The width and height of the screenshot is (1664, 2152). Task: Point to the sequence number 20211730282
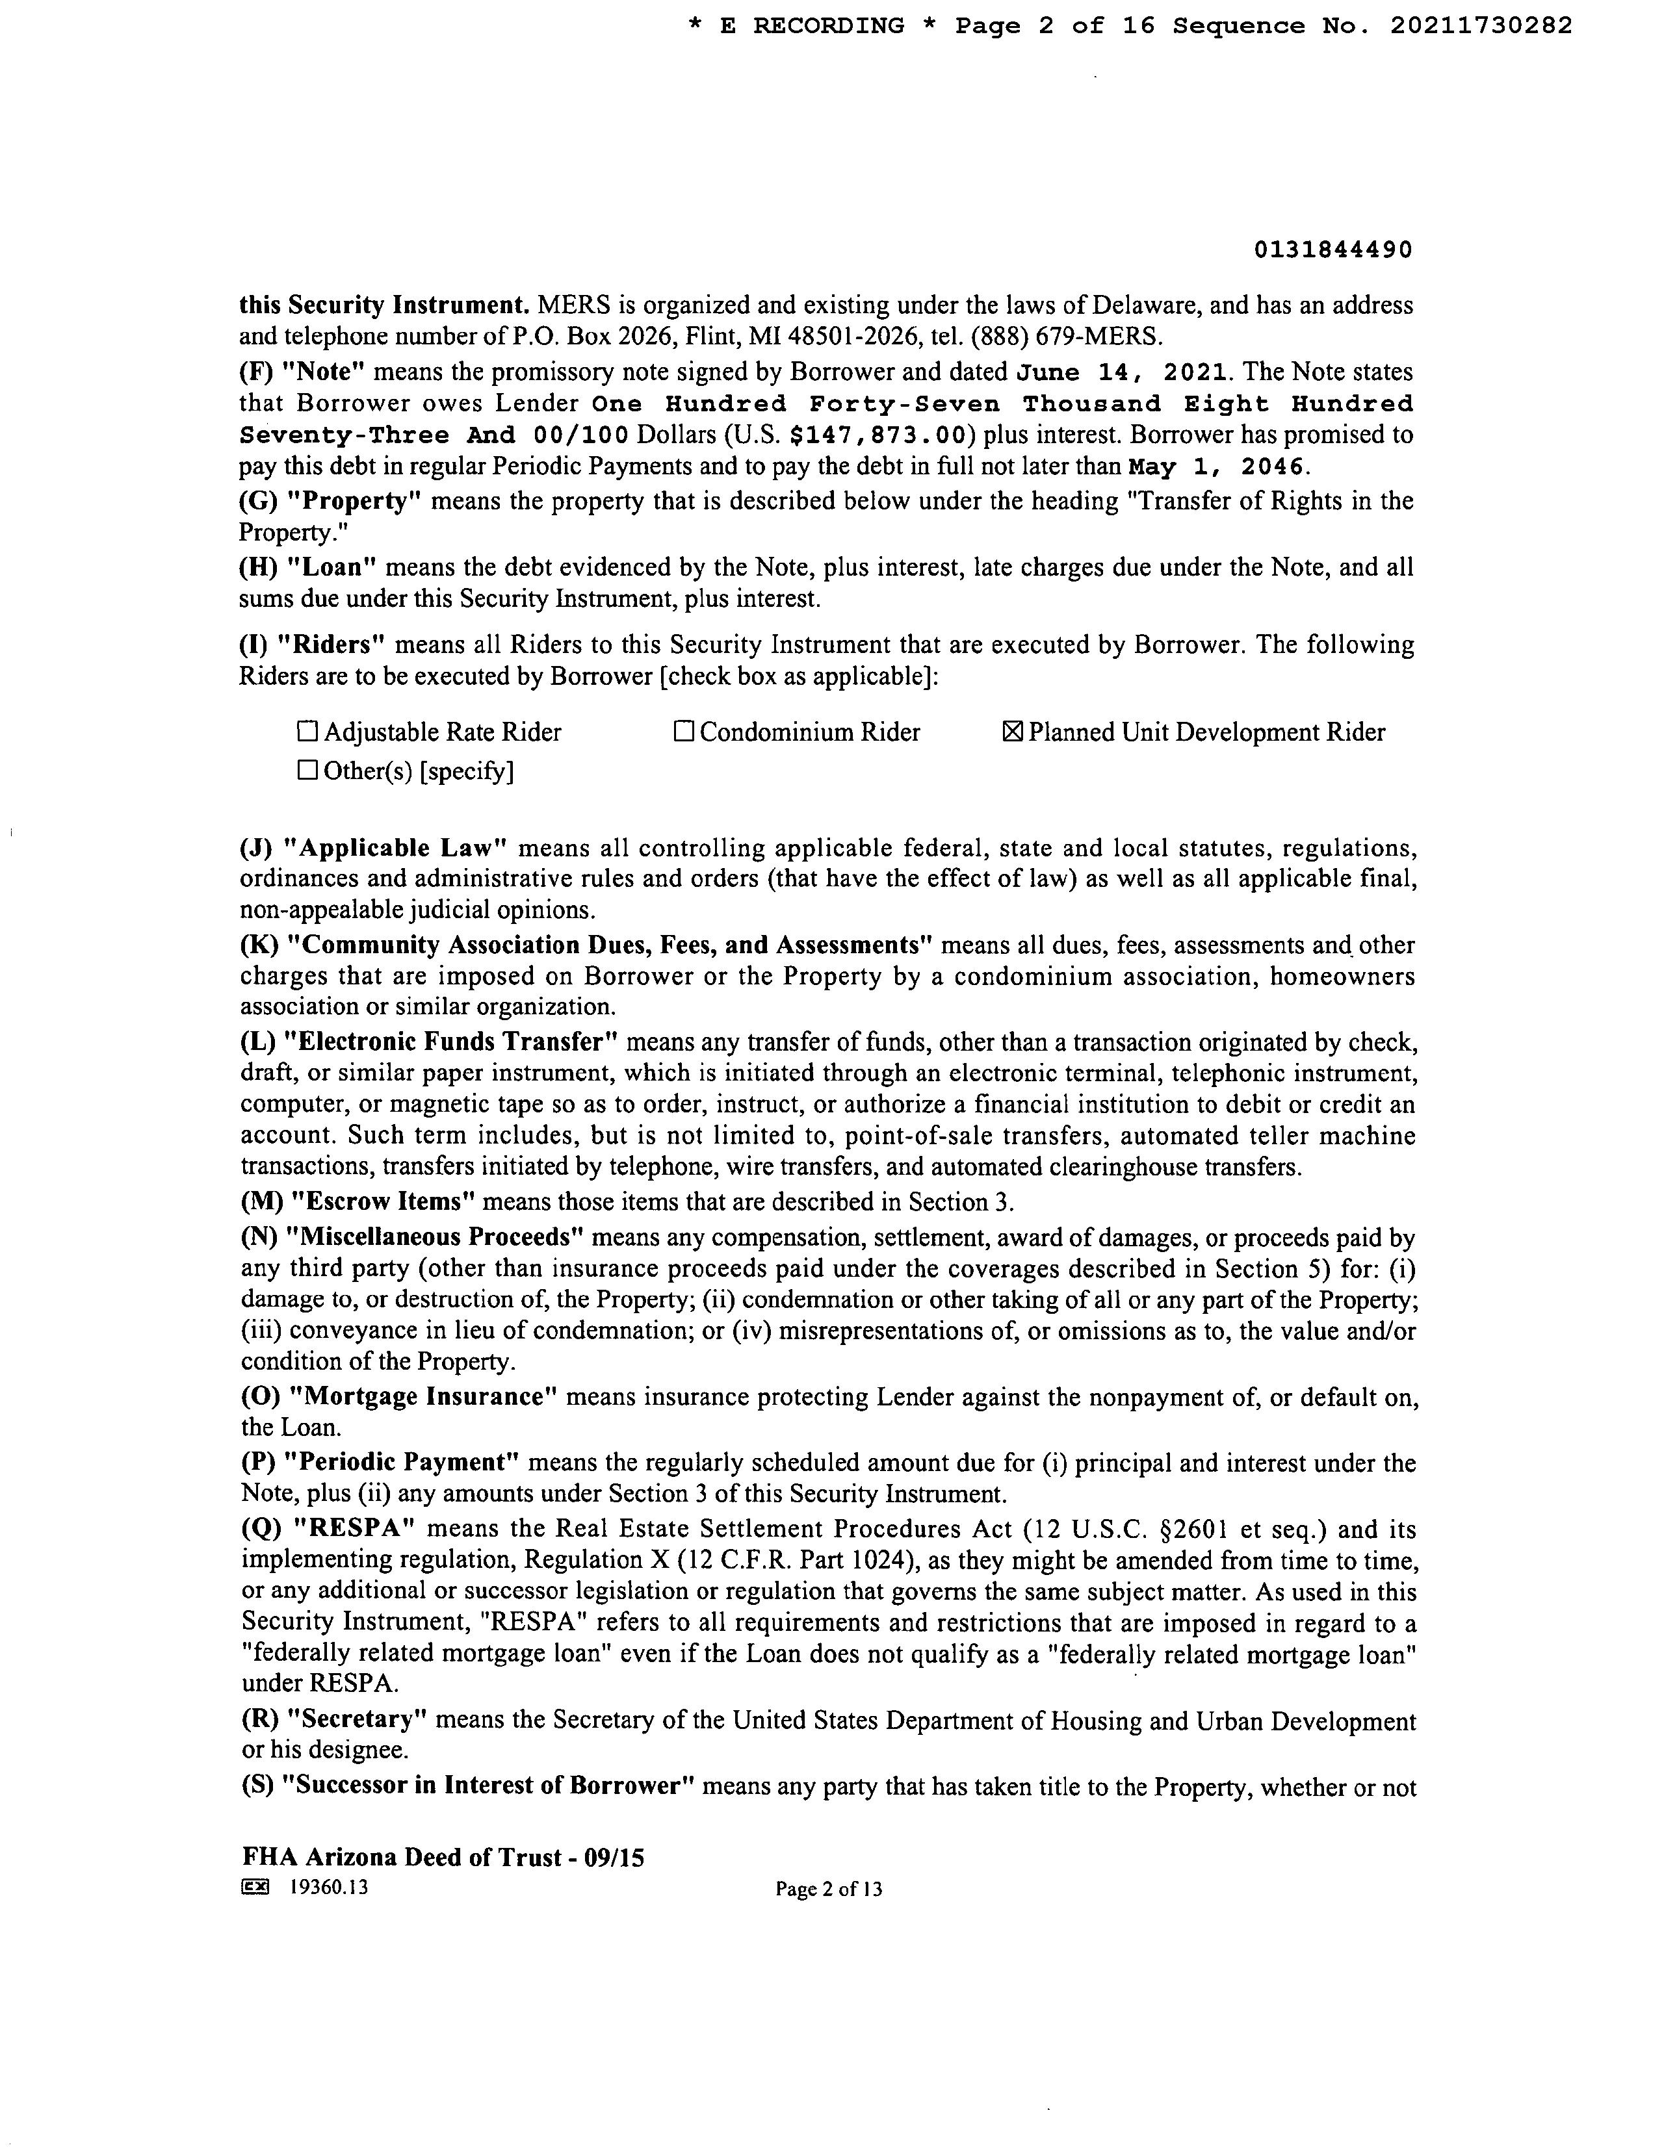pos(1481,27)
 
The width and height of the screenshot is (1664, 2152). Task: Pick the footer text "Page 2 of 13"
pos(828,1889)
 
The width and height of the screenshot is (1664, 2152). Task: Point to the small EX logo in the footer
pos(254,1888)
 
